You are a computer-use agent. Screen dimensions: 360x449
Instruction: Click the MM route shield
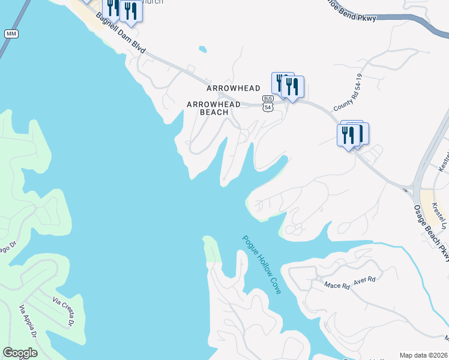(x=11, y=34)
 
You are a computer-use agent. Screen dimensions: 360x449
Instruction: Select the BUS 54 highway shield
(x=268, y=103)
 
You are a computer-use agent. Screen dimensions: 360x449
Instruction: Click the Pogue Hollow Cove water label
(x=262, y=264)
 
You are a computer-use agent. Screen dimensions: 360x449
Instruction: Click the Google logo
(x=20, y=353)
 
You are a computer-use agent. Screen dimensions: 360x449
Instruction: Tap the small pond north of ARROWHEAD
(x=202, y=49)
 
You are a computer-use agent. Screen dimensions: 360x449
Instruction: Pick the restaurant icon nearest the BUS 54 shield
(x=292, y=87)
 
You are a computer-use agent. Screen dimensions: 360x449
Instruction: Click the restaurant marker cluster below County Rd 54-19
(x=352, y=134)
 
